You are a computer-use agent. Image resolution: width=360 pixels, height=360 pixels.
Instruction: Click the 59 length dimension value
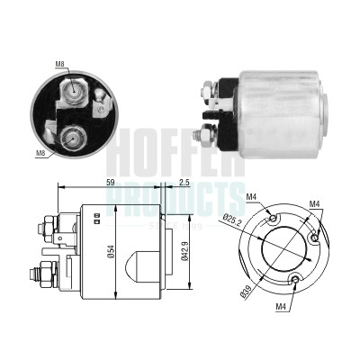111,183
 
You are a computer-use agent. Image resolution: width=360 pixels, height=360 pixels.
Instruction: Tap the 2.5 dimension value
184,183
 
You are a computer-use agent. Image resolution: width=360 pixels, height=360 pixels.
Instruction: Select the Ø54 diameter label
111,251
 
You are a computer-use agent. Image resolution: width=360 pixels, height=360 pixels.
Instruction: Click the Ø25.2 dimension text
233,220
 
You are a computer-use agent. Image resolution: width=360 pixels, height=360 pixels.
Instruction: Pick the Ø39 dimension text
246,291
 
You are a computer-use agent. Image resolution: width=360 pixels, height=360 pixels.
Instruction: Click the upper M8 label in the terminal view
59,64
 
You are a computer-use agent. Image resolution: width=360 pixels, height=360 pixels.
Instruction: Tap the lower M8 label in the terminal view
40,153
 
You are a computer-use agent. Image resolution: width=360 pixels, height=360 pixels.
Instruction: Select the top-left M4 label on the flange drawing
251,197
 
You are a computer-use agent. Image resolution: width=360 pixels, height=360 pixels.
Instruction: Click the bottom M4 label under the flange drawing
281,306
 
